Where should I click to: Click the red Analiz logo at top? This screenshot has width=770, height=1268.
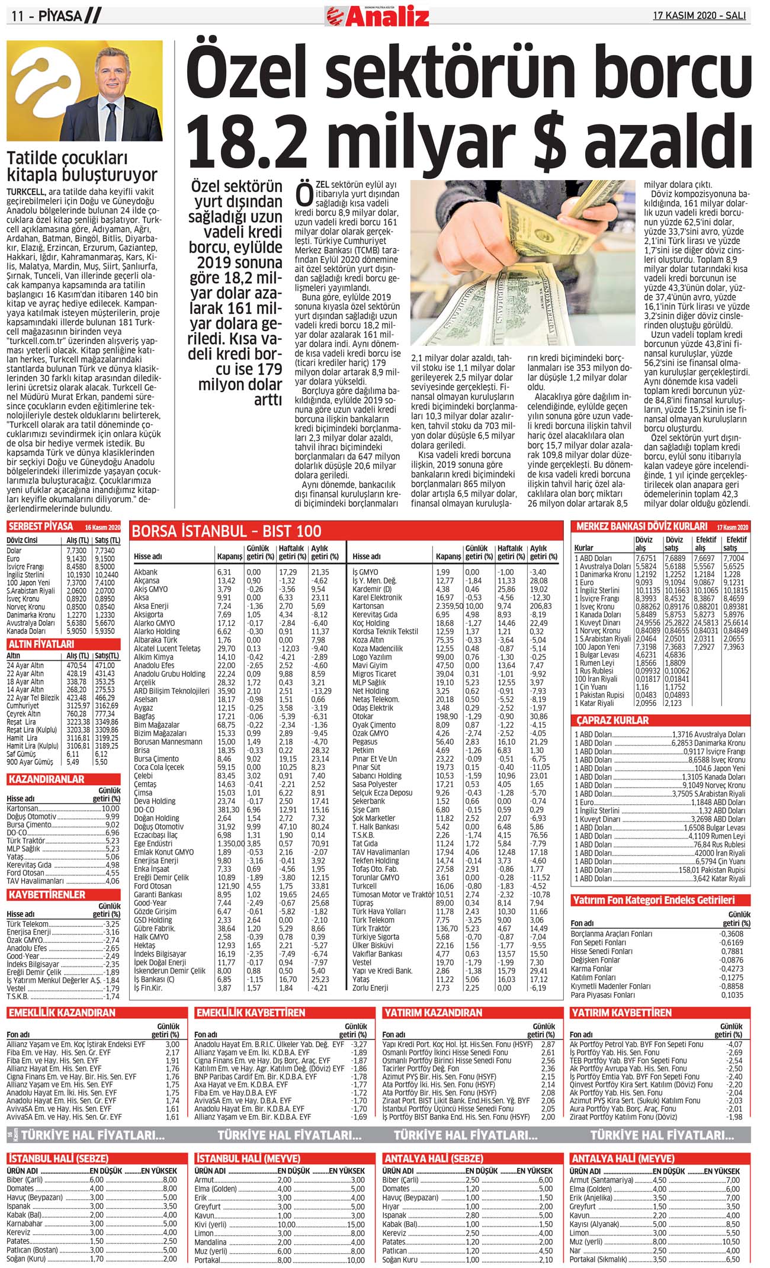click(377, 17)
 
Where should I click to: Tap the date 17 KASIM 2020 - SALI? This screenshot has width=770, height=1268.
click(699, 16)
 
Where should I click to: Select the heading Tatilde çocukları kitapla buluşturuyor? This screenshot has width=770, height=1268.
click(82, 166)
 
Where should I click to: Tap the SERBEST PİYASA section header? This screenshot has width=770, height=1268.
click(41, 527)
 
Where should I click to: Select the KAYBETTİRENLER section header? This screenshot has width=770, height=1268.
click(47, 894)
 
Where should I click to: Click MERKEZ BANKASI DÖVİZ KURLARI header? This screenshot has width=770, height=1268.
click(642, 526)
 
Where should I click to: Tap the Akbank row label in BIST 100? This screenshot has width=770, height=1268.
click(146, 572)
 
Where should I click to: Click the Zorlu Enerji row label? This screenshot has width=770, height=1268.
click(370, 988)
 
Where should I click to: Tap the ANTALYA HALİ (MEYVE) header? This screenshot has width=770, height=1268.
click(622, 1158)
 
